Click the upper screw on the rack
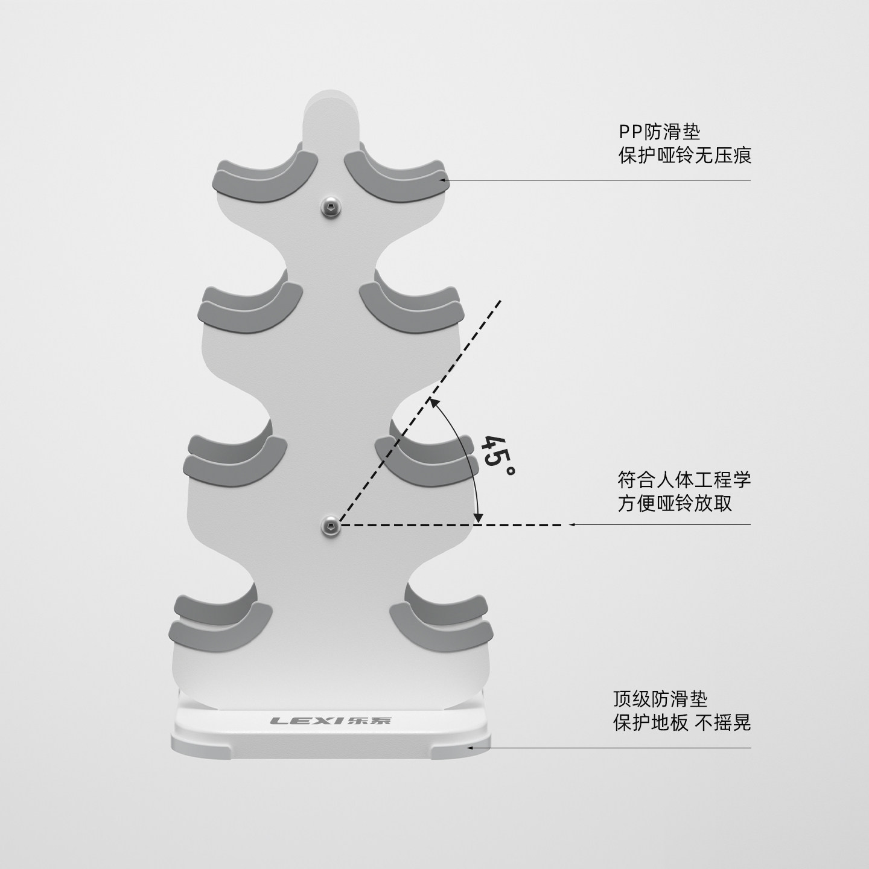[x=331, y=208]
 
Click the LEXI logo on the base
[x=330, y=720]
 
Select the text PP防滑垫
[x=659, y=132]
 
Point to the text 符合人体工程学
[x=684, y=479]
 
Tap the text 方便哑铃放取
[x=675, y=503]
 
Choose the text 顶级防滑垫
[x=660, y=699]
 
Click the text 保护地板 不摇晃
[x=682, y=722]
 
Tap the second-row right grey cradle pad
[x=412, y=306]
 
